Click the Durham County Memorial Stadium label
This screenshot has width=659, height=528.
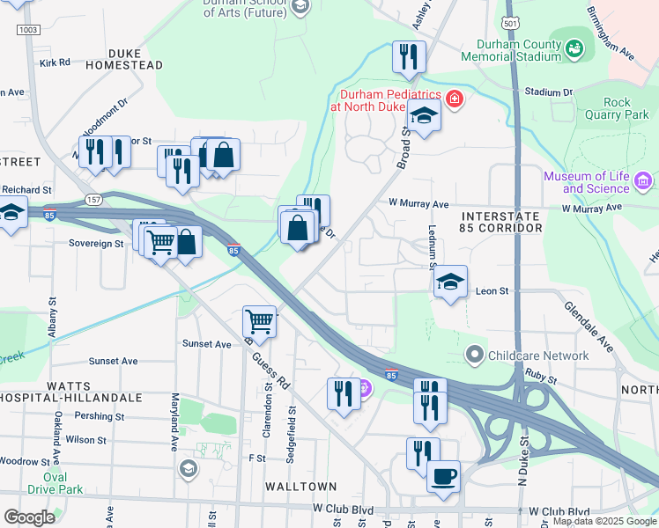(x=518, y=50)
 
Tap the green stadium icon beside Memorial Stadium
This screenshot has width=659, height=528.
(x=575, y=46)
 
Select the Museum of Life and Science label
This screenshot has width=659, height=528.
(x=585, y=182)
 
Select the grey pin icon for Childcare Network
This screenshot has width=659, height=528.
(x=475, y=356)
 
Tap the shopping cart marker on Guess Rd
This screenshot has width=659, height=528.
(x=260, y=321)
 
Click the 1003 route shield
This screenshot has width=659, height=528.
(x=28, y=30)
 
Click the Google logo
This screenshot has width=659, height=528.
(x=29, y=517)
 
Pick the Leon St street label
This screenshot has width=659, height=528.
(x=492, y=290)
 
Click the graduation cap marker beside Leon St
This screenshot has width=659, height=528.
(x=450, y=282)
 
